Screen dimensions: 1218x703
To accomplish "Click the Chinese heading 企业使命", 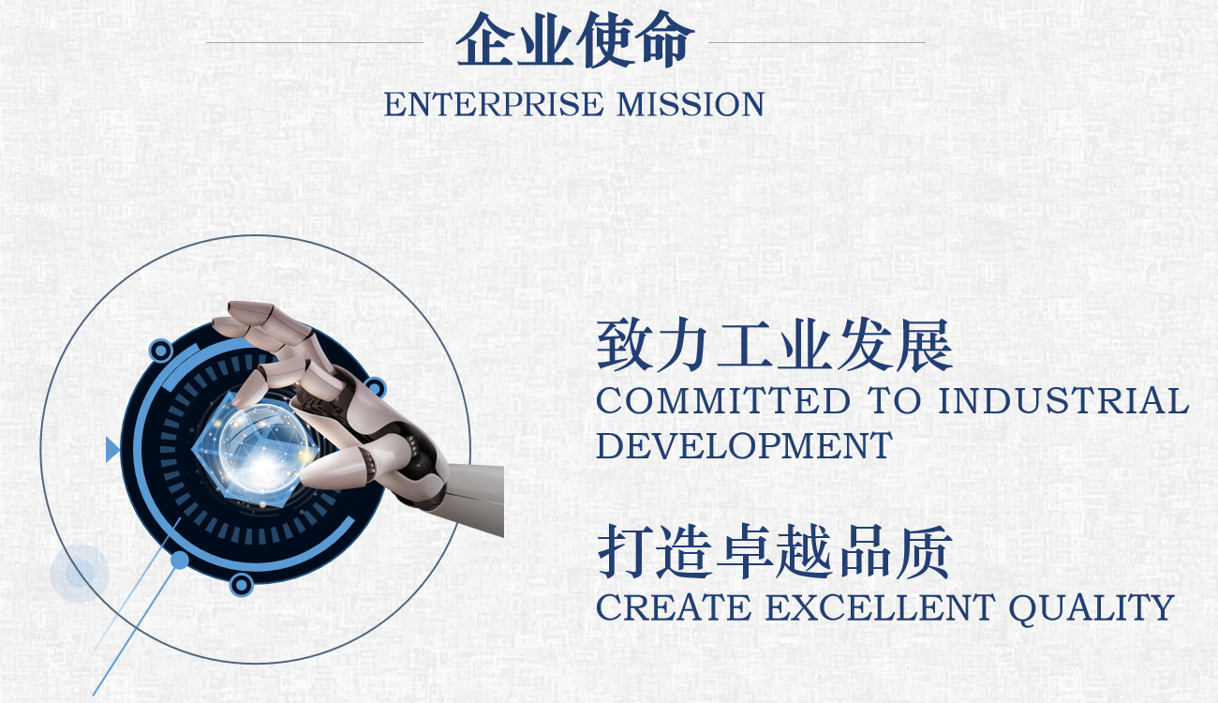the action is click(x=574, y=39).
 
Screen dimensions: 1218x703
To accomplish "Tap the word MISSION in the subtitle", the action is click(x=691, y=104).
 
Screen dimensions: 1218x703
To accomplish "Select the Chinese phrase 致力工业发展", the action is click(x=774, y=346).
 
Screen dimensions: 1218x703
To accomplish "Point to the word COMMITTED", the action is click(x=722, y=400).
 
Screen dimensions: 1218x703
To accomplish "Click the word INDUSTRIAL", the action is click(x=1063, y=400).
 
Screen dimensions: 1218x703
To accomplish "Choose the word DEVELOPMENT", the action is click(x=744, y=445).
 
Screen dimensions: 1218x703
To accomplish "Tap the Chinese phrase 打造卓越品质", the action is click(x=774, y=552).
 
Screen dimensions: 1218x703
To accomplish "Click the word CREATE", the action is click(x=674, y=607).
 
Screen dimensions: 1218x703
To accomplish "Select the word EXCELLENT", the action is click(x=881, y=607).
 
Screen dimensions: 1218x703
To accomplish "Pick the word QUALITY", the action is click(x=1092, y=608).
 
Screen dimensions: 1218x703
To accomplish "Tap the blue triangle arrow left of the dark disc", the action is click(x=112, y=449).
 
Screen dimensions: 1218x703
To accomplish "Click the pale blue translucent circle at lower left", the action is click(x=80, y=574).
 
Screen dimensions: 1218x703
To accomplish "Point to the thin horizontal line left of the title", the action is click(x=314, y=42).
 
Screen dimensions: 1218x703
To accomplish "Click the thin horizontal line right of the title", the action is click(x=817, y=42).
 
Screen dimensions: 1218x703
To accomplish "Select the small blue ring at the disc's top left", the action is click(x=161, y=351).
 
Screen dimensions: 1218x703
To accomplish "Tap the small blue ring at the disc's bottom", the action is click(x=242, y=585).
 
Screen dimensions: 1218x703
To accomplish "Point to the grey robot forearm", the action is click(x=473, y=498).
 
